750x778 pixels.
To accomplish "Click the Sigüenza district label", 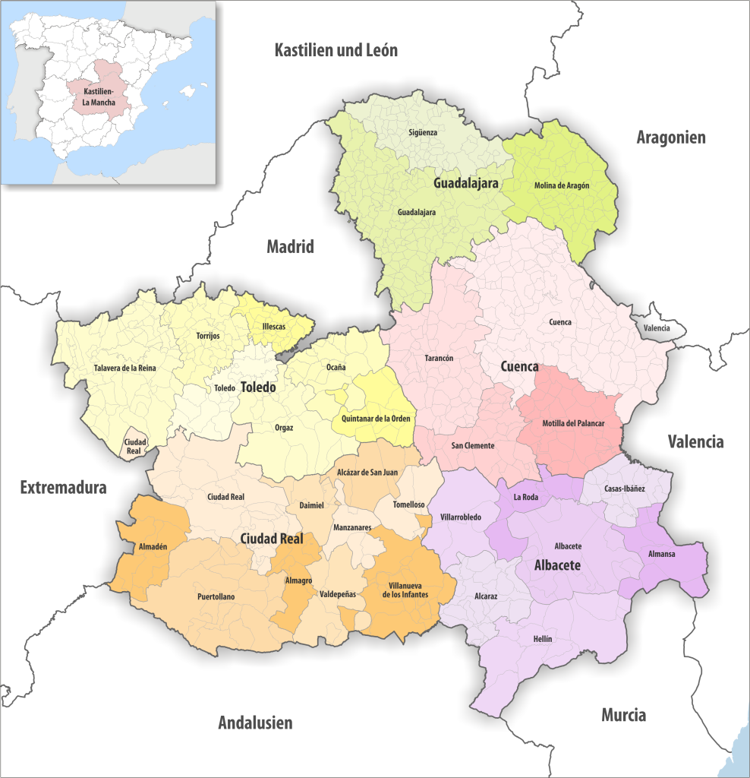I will tap(423, 132).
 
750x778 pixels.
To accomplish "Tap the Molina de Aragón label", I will tap(562, 185).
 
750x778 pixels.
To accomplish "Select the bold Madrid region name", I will tap(290, 247).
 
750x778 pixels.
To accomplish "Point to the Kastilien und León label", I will tap(336, 51).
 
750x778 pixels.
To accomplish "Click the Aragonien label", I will tap(670, 138).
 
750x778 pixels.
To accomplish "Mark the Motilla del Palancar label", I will tap(573, 423).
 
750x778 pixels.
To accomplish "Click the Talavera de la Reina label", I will tap(124, 368).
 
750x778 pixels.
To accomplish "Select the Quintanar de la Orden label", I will tap(376, 419).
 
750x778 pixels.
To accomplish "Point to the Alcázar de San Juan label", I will tap(367, 472).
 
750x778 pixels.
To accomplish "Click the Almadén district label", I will tap(153, 546).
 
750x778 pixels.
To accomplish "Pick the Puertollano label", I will tap(216, 596).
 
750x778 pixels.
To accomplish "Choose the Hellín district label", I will tap(543, 639).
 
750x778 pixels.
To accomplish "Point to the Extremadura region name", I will tap(63, 488).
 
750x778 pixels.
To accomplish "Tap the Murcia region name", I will tap(623, 715).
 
